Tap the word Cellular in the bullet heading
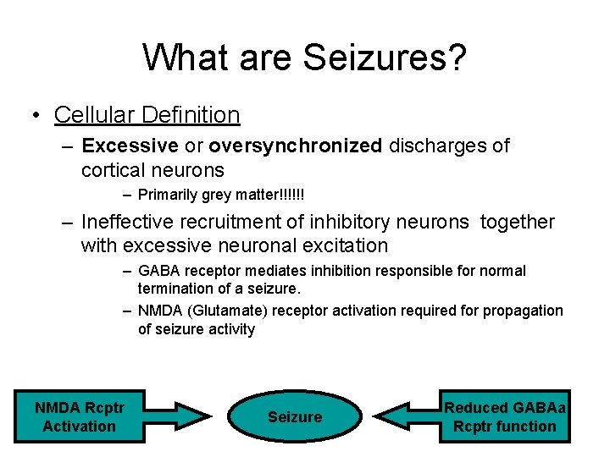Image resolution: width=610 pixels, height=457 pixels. pos(88,114)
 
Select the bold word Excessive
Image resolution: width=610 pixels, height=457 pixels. pos(130,146)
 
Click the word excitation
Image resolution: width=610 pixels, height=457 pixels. pos(341,246)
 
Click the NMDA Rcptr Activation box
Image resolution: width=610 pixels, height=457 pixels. pos(80,417)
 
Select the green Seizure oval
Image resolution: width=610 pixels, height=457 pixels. pos(295,416)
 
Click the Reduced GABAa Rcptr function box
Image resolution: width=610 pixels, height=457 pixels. pos(505,417)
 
